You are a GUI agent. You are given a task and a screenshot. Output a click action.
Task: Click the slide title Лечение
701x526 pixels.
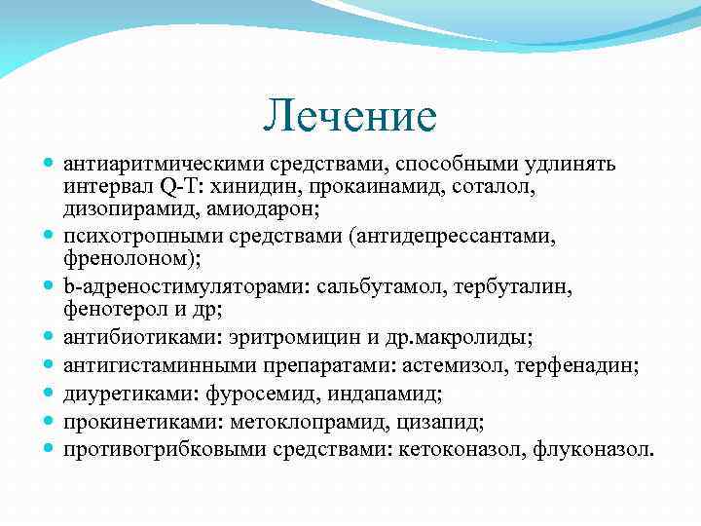tap(350, 117)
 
